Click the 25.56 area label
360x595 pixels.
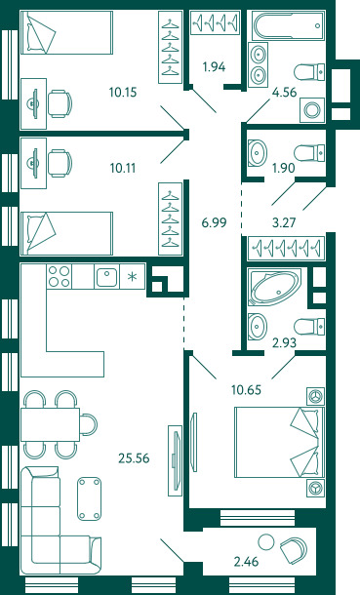click(x=134, y=458)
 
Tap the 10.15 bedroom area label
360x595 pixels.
click(x=123, y=93)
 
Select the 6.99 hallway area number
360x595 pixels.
click(x=215, y=222)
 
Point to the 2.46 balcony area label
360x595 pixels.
click(x=246, y=561)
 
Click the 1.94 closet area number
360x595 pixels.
click(x=214, y=67)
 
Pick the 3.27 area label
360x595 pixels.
click(x=284, y=222)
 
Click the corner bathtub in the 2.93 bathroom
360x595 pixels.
click(x=275, y=287)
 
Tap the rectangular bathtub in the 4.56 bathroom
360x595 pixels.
click(x=289, y=25)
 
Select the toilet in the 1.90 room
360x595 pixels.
click(x=309, y=153)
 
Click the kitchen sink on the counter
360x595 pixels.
click(x=106, y=277)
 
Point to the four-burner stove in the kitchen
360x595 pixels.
click(x=60, y=277)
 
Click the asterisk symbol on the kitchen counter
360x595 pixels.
click(x=132, y=277)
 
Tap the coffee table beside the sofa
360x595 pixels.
click(x=90, y=498)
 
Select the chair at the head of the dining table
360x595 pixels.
click(x=89, y=424)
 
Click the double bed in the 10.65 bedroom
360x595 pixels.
click(x=280, y=442)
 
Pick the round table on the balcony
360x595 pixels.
click(x=266, y=542)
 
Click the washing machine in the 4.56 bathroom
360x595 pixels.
click(x=312, y=110)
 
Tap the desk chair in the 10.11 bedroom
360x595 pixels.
click(x=60, y=163)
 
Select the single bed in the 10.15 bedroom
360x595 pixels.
click(x=66, y=32)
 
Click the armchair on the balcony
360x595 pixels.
click(x=294, y=549)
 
